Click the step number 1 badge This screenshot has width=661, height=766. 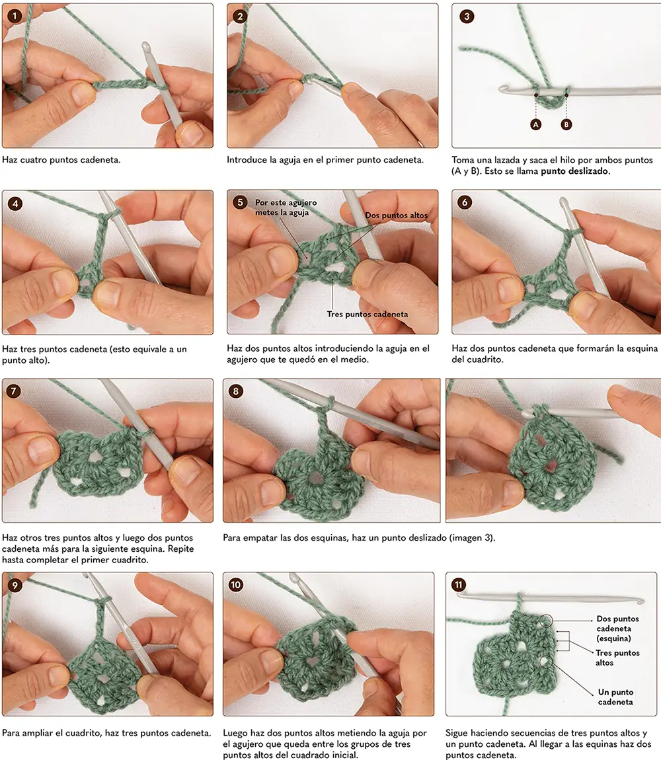pos(15,16)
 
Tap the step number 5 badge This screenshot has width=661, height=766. pos(239,202)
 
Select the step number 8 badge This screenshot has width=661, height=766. pos(235,391)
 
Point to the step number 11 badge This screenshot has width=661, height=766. pos(458,585)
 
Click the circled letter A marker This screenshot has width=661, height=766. pos(536,124)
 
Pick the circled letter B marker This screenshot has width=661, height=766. pos(566,124)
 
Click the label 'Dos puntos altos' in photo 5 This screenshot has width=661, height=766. pos(396,215)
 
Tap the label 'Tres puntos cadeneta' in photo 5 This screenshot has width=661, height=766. pos(368,314)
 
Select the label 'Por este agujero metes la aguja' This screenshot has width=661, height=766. pos(286,207)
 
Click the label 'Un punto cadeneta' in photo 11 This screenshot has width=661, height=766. pos(615,697)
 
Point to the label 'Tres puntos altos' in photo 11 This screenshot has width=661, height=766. pos(617,658)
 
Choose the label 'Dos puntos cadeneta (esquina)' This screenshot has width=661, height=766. pos(617,629)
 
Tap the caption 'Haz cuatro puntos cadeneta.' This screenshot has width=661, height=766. pos(61,160)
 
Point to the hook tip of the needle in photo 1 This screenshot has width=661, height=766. pos(145,46)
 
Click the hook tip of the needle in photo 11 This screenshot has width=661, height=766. pos(641,601)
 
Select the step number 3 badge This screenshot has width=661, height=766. pos(467,16)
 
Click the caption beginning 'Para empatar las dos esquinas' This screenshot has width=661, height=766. pos(359,538)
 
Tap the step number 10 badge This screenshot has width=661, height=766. pos(235,585)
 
